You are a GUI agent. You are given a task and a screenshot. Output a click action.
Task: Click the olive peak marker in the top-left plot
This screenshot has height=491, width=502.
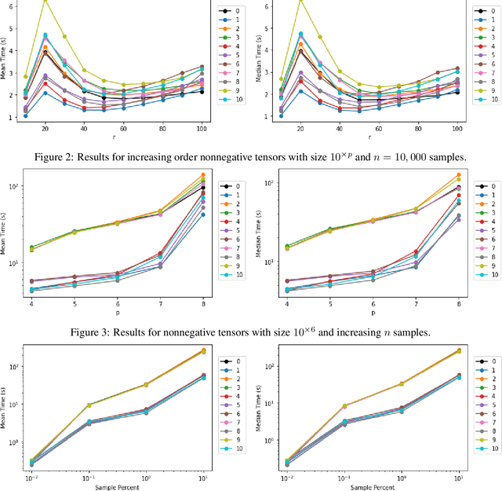tap(45, 1)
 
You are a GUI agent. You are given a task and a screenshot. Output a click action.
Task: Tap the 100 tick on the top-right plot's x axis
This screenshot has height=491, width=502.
tap(457, 127)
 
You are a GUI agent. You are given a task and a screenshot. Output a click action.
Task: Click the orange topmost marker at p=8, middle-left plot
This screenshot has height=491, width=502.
tap(203, 175)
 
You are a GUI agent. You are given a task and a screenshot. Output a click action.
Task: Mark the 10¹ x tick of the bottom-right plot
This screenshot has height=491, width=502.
tap(457, 475)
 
